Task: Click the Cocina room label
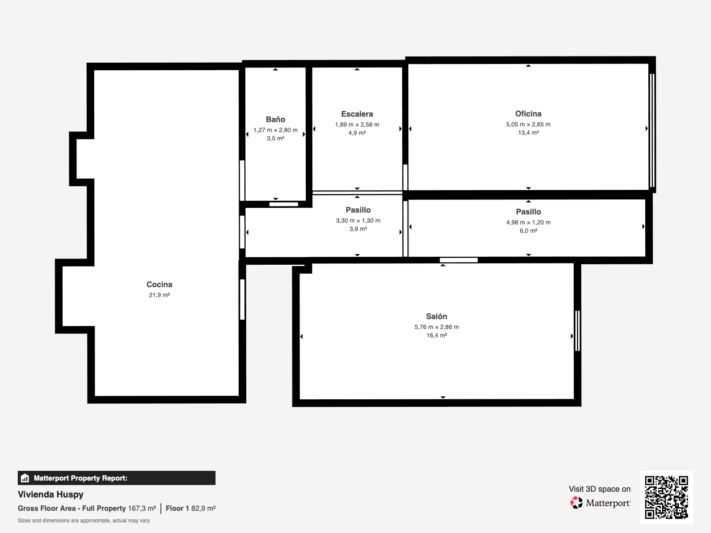click(x=159, y=284)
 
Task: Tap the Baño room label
click(x=275, y=119)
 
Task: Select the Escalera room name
click(x=357, y=114)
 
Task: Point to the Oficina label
click(x=528, y=113)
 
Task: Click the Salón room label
click(x=436, y=316)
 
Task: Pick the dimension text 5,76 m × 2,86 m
click(x=436, y=327)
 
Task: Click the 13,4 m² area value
click(x=528, y=133)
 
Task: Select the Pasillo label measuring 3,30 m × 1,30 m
click(x=358, y=210)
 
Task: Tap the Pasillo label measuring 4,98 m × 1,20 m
click(x=528, y=211)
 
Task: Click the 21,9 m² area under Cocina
click(x=159, y=295)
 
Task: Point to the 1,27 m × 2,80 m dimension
click(x=275, y=130)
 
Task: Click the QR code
click(x=666, y=497)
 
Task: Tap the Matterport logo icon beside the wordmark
click(x=576, y=502)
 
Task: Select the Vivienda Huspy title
click(x=51, y=494)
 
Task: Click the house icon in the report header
click(x=25, y=478)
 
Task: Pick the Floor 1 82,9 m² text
click(x=190, y=508)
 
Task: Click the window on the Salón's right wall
click(x=577, y=331)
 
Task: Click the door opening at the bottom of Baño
click(x=284, y=204)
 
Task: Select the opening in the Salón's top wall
click(x=459, y=260)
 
